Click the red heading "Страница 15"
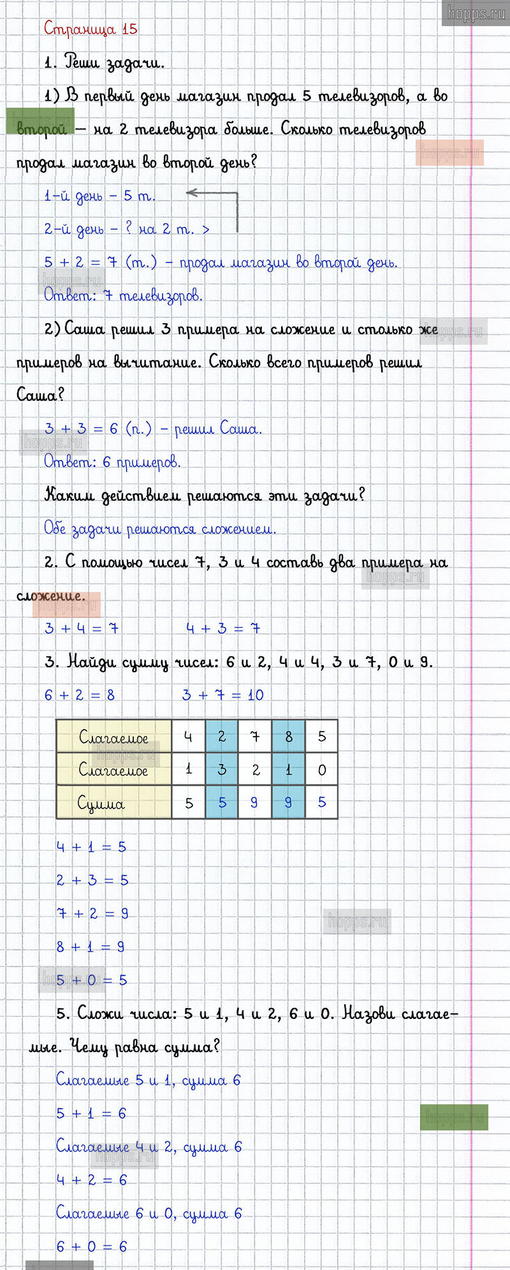(x=91, y=29)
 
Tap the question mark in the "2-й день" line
(x=129, y=228)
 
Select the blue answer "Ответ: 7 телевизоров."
(x=123, y=295)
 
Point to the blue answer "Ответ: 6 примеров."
(x=112, y=461)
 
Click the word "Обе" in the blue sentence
(x=55, y=528)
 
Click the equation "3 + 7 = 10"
(x=222, y=695)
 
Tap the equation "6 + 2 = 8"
(x=80, y=695)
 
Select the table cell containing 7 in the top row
(x=255, y=737)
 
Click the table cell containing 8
(x=288, y=737)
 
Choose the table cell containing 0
(x=322, y=770)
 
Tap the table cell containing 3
(x=222, y=770)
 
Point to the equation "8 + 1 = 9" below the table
(x=91, y=946)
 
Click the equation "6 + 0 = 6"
(x=92, y=1246)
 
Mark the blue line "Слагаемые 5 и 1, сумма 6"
(x=148, y=1080)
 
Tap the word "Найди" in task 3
(x=91, y=661)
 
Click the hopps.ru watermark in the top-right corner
(x=476, y=13)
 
